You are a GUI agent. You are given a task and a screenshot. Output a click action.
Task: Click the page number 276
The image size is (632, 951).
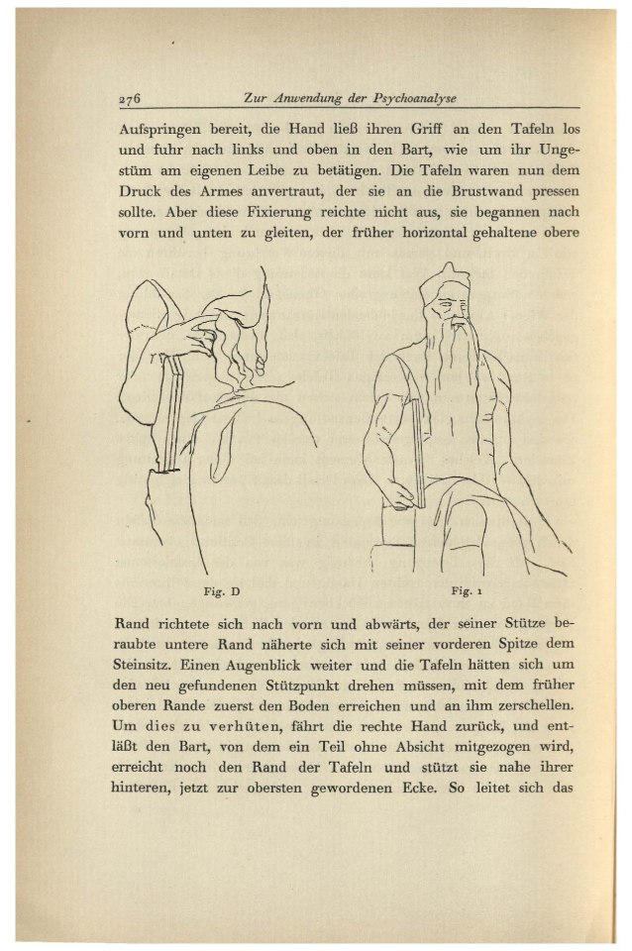click(x=131, y=98)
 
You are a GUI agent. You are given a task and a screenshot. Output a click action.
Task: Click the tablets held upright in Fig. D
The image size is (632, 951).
click(x=174, y=406)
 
